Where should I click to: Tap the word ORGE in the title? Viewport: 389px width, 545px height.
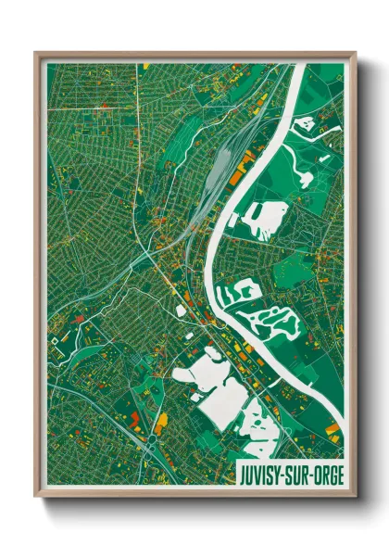coord(324,474)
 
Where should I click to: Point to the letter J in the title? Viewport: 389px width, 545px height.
coord(244,474)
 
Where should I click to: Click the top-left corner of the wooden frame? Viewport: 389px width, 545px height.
coord(36,53)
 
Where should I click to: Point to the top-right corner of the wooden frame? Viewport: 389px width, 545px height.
coord(355,53)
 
